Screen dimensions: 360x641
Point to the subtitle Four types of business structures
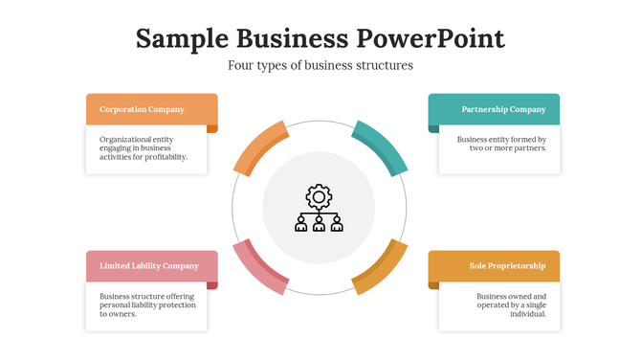320,66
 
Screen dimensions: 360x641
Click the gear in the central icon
320,196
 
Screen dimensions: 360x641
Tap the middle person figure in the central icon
320,223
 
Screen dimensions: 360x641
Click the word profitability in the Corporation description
162,157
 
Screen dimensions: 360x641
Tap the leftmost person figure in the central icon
302,223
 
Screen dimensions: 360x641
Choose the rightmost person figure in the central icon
337,223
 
